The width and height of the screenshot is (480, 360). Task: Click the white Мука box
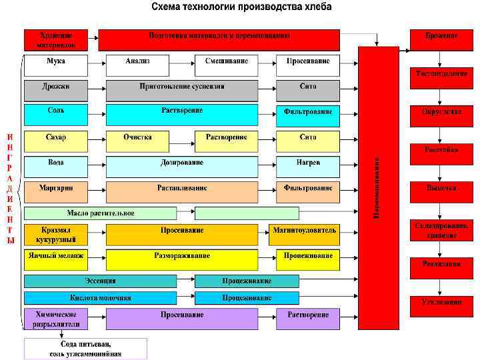coord(55,65)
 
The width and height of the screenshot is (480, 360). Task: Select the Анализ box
coord(138,65)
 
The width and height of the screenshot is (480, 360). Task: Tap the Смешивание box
coord(227,65)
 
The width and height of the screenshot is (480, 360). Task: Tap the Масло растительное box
coord(101,213)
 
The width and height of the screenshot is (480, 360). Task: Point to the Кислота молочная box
coord(101,298)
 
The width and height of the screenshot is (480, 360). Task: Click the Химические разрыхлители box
coord(55,319)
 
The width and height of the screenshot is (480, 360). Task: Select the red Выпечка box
coord(441,188)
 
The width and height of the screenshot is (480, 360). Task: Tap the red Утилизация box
coord(441,301)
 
